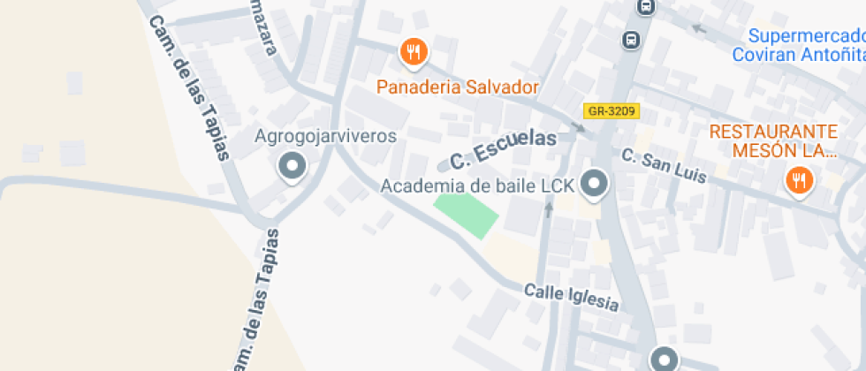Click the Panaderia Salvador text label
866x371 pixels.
pyautogui.click(x=457, y=87)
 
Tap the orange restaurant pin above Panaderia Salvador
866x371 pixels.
pyautogui.click(x=413, y=52)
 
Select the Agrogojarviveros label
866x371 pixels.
pyautogui.click(x=325, y=136)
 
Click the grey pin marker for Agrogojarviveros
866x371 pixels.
pyautogui.click(x=291, y=166)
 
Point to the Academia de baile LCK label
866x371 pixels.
pyautogui.click(x=477, y=185)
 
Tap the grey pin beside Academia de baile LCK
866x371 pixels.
pyautogui.click(x=596, y=185)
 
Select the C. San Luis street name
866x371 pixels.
pyautogui.click(x=664, y=165)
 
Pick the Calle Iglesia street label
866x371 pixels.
pyautogui.click(x=571, y=297)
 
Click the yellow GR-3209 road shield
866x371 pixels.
pyautogui.click(x=611, y=111)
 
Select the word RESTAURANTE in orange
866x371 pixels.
pyautogui.click(x=773, y=132)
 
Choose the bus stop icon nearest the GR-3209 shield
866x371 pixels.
pyautogui.click(x=631, y=40)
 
